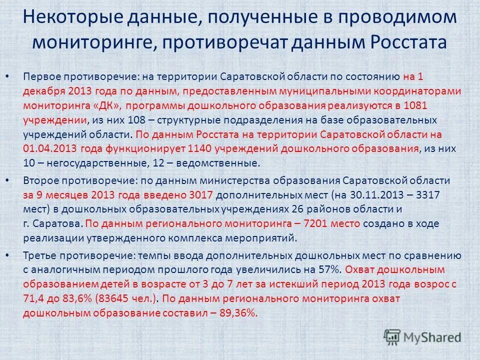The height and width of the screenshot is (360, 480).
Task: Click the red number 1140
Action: tap(200, 149)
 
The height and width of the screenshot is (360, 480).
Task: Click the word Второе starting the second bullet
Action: tap(39, 180)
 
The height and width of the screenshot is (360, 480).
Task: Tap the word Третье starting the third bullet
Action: tap(39, 255)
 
